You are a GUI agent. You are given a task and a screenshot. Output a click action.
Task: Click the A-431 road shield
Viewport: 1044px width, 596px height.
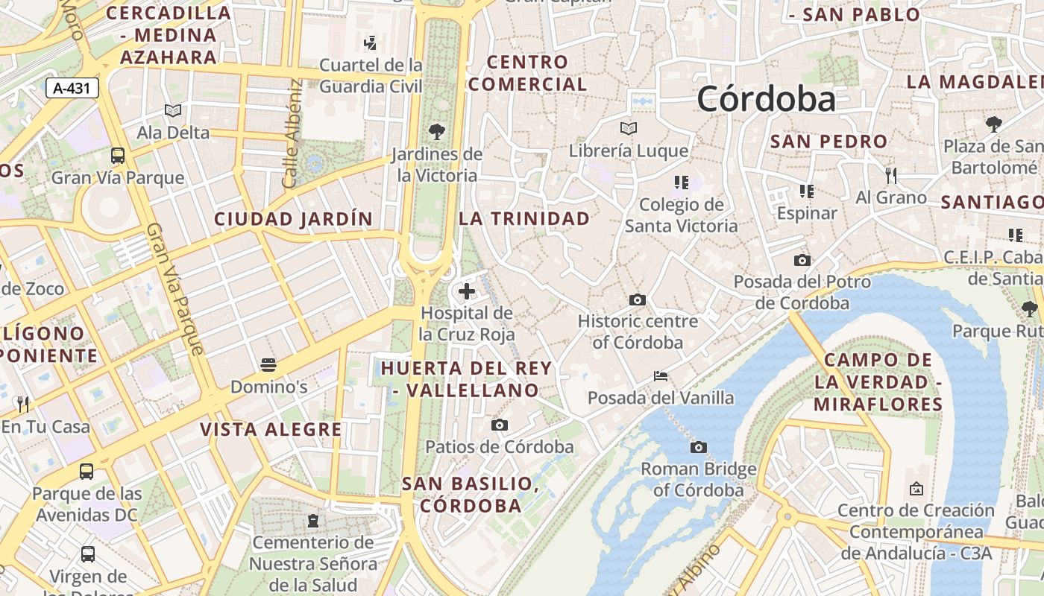[72, 88]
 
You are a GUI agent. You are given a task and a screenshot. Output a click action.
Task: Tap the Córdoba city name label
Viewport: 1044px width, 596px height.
[766, 99]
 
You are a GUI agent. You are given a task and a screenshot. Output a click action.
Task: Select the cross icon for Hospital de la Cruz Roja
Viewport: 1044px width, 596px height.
[467, 291]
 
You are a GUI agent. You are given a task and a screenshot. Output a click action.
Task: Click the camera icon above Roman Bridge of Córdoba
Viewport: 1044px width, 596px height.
[699, 447]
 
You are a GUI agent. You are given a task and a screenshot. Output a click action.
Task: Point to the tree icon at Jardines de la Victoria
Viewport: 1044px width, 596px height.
[437, 132]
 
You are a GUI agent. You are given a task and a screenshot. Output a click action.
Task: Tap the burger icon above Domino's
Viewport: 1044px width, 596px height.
[268, 365]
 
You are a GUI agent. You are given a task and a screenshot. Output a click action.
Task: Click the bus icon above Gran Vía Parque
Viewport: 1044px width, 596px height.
[118, 156]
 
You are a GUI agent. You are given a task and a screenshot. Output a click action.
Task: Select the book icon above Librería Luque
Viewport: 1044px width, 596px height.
[629, 129]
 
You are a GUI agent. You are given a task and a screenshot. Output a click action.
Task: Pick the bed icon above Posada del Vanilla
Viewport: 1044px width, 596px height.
[661, 375]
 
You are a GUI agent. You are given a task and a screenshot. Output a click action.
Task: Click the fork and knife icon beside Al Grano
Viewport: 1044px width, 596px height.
[890, 176]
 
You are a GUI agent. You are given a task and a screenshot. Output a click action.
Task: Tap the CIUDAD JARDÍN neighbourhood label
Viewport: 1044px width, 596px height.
[293, 219]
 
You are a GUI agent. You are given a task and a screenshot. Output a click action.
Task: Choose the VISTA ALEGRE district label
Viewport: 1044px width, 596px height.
[271, 429]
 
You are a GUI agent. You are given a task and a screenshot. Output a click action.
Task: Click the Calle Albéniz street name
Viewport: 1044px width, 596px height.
[292, 134]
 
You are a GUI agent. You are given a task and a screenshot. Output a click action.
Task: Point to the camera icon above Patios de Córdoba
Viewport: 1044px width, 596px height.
[500, 425]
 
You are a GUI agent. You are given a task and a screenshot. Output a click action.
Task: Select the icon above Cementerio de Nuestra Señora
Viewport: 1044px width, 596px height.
[312, 520]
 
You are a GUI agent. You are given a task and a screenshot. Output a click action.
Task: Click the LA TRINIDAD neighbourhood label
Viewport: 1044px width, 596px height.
[524, 218]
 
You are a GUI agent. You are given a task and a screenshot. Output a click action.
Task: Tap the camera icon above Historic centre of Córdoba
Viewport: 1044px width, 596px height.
[638, 299]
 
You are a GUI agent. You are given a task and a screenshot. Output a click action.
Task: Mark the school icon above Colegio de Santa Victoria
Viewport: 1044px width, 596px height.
[681, 182]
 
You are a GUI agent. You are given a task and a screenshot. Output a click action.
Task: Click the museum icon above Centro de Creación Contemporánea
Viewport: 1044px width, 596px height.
[916, 489]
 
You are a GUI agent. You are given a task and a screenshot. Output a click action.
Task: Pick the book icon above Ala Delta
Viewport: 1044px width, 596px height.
[173, 111]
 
